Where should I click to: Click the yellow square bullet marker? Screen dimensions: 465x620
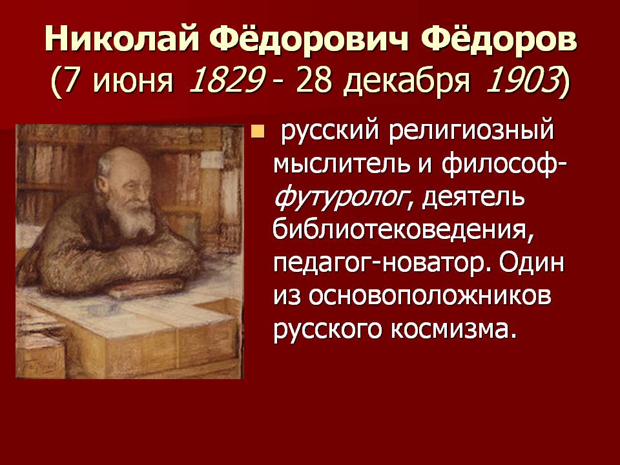(x=258, y=133)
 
